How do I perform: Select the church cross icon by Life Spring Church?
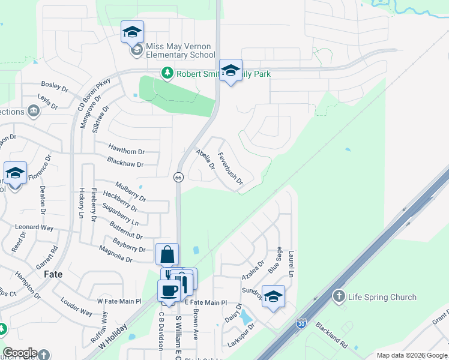tap(339, 296)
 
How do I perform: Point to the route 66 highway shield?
tap(178, 177)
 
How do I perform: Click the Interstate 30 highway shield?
tap(301, 325)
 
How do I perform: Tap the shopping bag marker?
tap(167, 254)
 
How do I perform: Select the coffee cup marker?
tap(169, 290)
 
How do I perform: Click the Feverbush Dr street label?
tap(231, 169)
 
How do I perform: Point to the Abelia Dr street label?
tap(205, 160)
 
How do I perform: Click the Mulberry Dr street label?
tap(130, 188)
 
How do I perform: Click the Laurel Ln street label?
tap(291, 263)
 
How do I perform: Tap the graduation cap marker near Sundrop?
tap(273, 297)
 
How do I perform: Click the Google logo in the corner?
tap(20, 353)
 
